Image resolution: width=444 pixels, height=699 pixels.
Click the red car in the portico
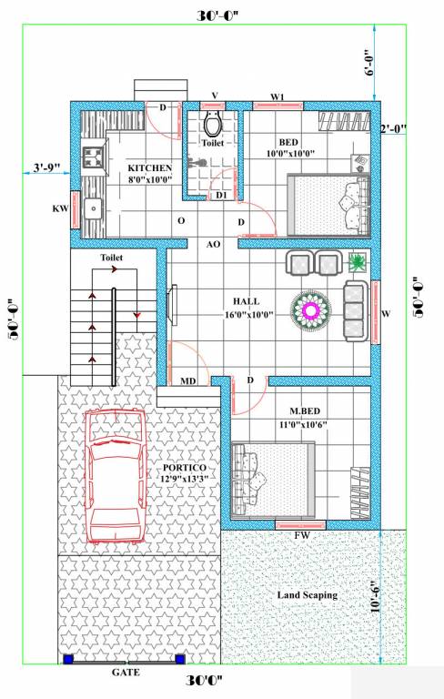click(115, 478)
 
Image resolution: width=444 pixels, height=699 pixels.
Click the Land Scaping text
click(307, 594)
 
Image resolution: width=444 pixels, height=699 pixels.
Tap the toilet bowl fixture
click(214, 124)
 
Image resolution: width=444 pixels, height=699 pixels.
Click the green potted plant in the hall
click(358, 263)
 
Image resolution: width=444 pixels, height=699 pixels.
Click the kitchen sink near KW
click(92, 208)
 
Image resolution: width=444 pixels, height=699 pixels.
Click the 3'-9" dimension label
click(46, 167)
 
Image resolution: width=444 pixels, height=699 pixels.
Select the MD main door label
click(189, 381)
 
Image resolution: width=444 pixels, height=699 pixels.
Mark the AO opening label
click(214, 244)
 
